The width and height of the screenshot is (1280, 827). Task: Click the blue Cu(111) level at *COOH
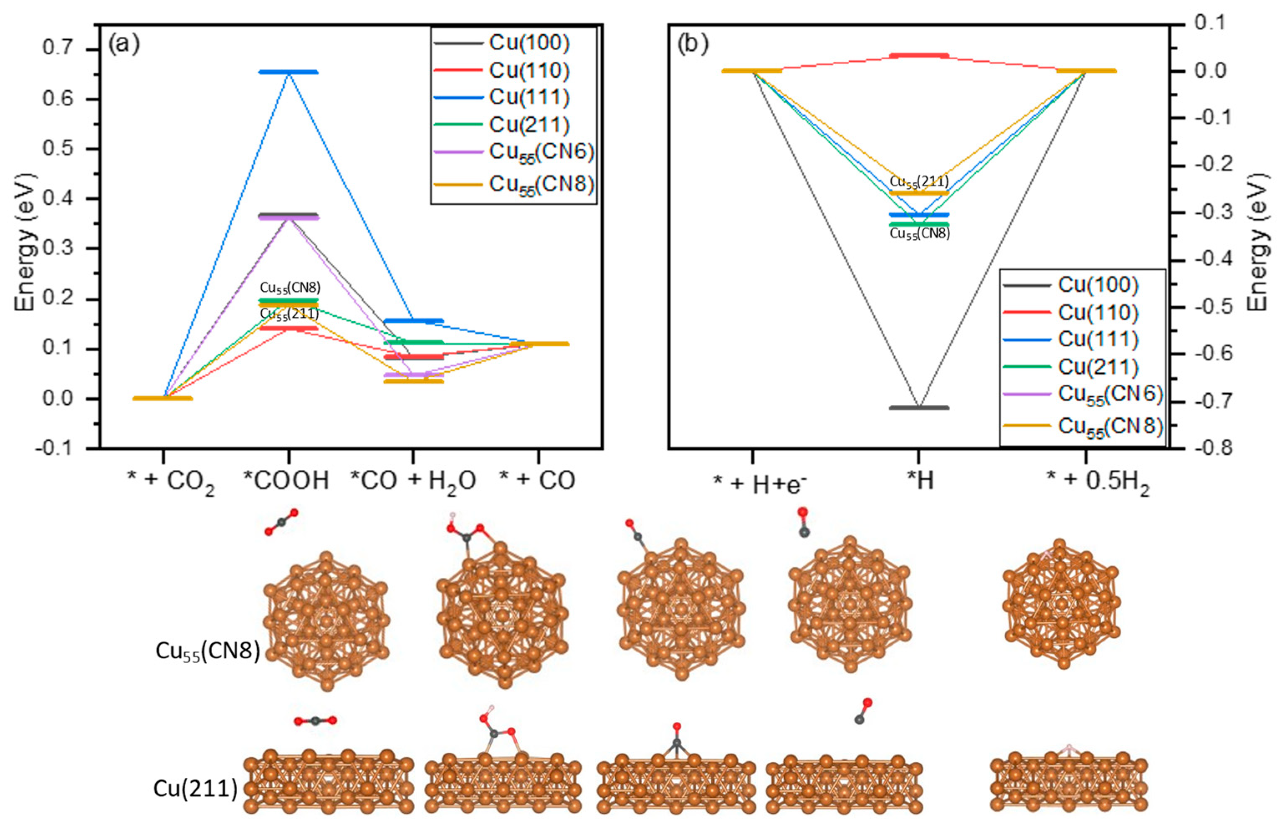[x=289, y=72]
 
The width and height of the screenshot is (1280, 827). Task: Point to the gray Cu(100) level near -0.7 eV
[x=919, y=408]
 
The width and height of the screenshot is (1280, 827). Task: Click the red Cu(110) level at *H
[x=919, y=55]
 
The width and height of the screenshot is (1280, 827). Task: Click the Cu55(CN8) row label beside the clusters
[x=208, y=652]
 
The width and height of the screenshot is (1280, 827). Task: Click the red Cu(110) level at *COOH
[x=289, y=328]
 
